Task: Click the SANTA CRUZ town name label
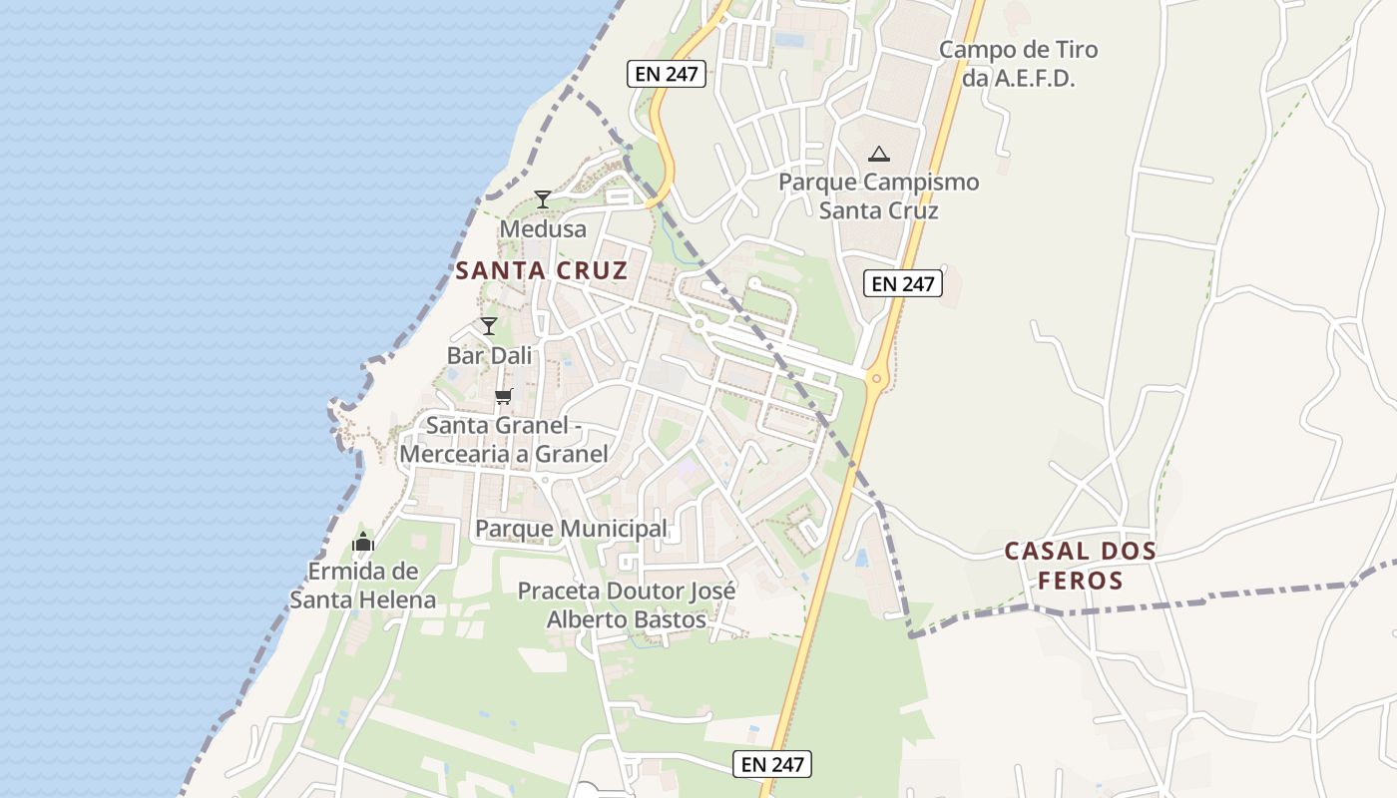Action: pos(542,270)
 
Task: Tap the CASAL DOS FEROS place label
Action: pos(1080,565)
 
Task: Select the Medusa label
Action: pos(543,228)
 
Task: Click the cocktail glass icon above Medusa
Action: pos(542,199)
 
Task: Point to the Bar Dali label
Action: pos(489,355)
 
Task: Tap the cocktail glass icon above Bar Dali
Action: pos(488,326)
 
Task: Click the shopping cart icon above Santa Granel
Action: pos(504,396)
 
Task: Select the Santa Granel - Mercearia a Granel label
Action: pos(504,440)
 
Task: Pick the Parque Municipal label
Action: pos(571,528)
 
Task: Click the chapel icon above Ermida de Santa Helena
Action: pos(363,543)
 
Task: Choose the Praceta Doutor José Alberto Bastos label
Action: pos(627,604)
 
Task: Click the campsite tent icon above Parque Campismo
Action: pos(878,154)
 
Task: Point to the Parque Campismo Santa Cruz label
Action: pos(878,197)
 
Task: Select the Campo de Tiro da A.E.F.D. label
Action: pos(1019,64)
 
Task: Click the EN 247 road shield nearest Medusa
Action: pos(667,74)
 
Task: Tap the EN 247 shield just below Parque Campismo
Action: pos(903,284)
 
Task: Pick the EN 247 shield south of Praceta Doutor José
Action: pos(772,765)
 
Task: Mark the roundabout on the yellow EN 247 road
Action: pos(876,377)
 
